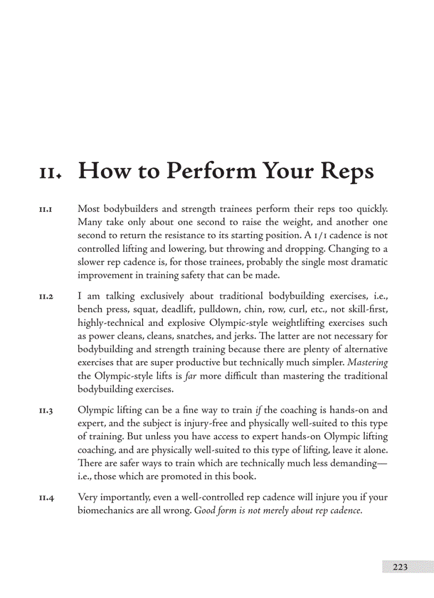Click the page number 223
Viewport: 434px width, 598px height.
(x=400, y=567)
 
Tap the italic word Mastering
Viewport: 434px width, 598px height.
(x=368, y=363)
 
